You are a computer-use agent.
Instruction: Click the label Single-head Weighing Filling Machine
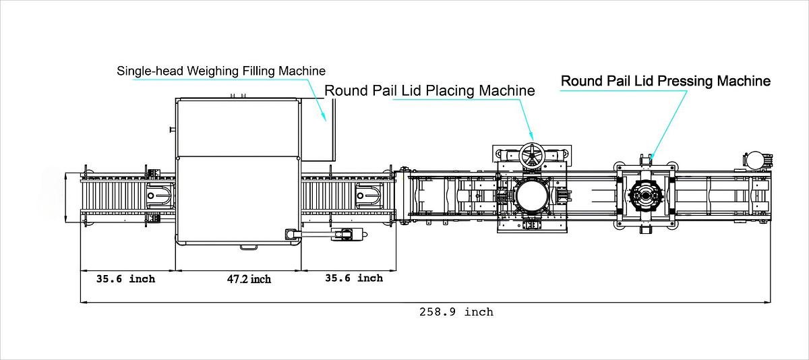pos(221,70)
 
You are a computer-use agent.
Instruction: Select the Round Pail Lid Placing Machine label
pos(429,90)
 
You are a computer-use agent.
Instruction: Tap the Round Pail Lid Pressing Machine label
pos(665,81)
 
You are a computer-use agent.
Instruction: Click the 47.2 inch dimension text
pos(249,279)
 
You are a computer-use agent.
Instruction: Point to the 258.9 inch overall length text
pos(456,311)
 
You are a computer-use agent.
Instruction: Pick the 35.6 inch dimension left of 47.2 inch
pos(125,278)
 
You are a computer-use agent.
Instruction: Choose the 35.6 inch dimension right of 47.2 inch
pos(354,278)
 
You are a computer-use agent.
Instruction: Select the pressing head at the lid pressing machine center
pos(645,197)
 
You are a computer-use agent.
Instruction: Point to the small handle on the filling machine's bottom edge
pos(248,247)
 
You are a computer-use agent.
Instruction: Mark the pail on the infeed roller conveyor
pos(160,195)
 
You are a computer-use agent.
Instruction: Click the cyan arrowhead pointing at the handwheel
pos(533,137)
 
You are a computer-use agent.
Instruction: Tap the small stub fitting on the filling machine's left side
pos(173,128)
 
